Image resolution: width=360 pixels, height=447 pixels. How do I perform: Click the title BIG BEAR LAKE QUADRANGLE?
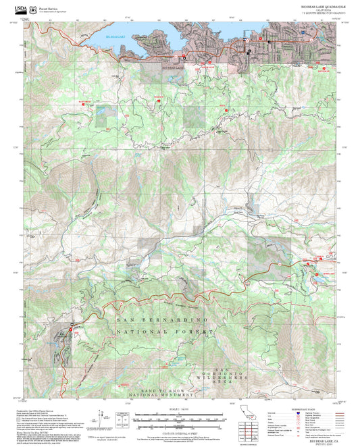(319, 5)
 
